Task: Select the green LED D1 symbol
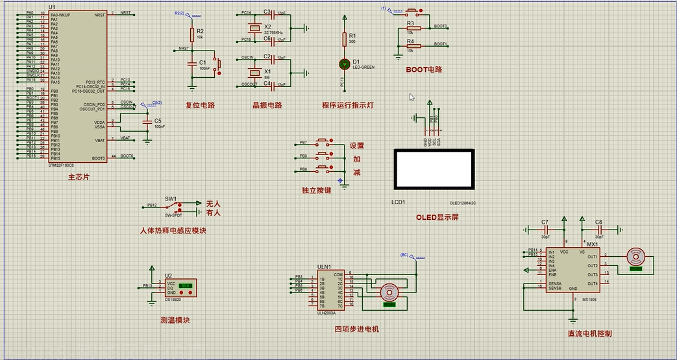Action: tap(345, 64)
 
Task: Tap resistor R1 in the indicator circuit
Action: tap(345, 40)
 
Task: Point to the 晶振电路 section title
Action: tap(267, 105)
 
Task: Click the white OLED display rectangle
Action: tap(434, 169)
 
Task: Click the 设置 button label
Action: tap(357, 146)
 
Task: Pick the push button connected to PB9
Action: tap(323, 169)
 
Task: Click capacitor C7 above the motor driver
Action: tap(546, 230)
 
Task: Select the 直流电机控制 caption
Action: tap(589, 333)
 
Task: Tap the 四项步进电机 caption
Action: tap(356, 329)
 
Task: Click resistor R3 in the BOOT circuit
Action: tap(410, 28)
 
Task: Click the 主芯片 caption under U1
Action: tap(79, 177)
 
